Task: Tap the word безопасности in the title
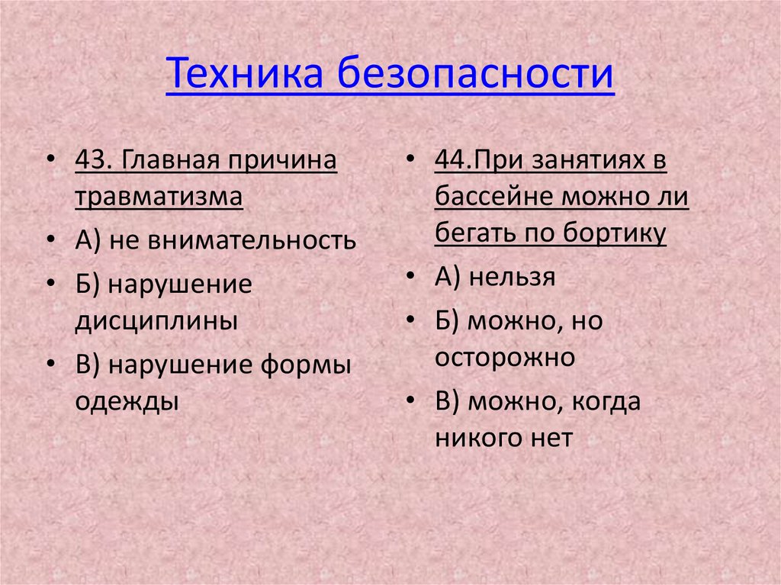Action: pyautogui.click(x=474, y=75)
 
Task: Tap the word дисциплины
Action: pyautogui.click(x=156, y=320)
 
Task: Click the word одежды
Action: pyautogui.click(x=127, y=401)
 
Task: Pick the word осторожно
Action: pyautogui.click(x=504, y=357)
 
